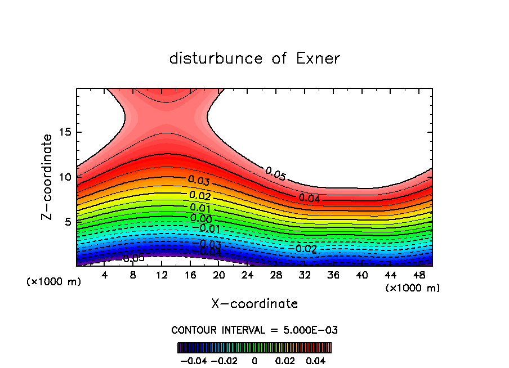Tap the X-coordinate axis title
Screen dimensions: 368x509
point(254,304)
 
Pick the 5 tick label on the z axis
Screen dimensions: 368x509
point(66,222)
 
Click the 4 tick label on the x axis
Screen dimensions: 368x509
point(105,275)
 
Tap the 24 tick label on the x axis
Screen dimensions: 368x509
point(247,275)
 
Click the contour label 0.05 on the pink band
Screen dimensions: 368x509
point(275,174)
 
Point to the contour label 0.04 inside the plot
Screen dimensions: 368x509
point(309,198)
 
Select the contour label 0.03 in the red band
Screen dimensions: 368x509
point(199,181)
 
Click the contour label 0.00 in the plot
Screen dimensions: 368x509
point(201,218)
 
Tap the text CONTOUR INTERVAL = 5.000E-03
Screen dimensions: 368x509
point(254,330)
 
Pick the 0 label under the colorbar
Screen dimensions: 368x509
point(254,360)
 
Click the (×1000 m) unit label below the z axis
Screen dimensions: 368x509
point(53,282)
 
